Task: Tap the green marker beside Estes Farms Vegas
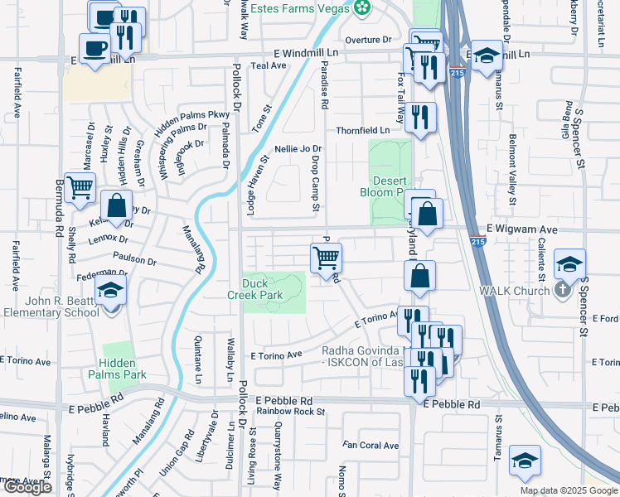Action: tap(361, 8)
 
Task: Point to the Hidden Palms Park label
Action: tap(123, 369)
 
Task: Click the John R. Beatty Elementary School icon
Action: tap(109, 291)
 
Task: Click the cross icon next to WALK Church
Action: tap(562, 290)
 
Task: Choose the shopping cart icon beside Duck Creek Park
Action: tap(326, 258)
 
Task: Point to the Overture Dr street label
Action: tap(368, 39)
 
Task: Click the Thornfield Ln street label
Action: tap(362, 131)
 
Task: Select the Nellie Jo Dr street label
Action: tap(303, 149)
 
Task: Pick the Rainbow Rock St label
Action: tap(290, 412)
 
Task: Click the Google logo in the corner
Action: tap(28, 487)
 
